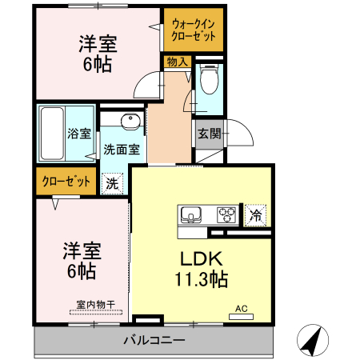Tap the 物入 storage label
point(178,62)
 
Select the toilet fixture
point(208,82)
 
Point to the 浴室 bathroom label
point(79,134)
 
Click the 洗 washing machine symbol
point(113,183)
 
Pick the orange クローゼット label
point(66,182)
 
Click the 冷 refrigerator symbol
point(255,214)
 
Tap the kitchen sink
point(191,214)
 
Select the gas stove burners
point(226,214)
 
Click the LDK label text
point(201,261)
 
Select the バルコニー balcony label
point(154,340)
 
